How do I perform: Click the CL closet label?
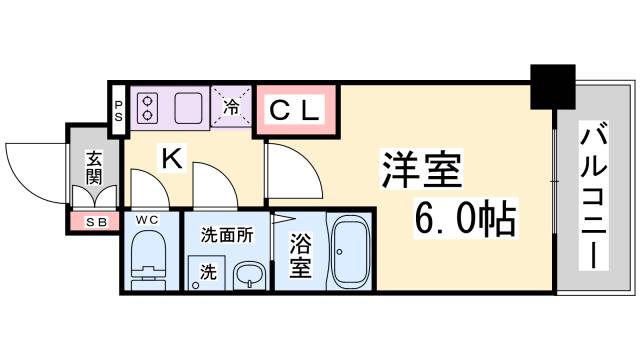[296, 111]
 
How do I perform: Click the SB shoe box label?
[95, 221]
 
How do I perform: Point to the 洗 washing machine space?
[207, 270]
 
